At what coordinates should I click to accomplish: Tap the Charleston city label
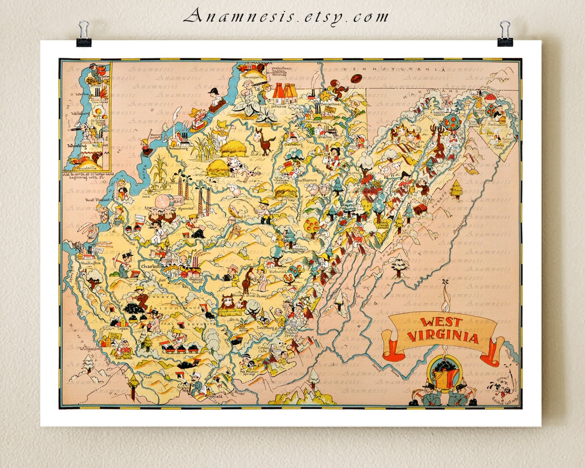click(x=152, y=266)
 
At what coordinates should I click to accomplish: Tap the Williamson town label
click(x=87, y=348)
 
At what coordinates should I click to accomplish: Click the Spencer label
click(x=185, y=209)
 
